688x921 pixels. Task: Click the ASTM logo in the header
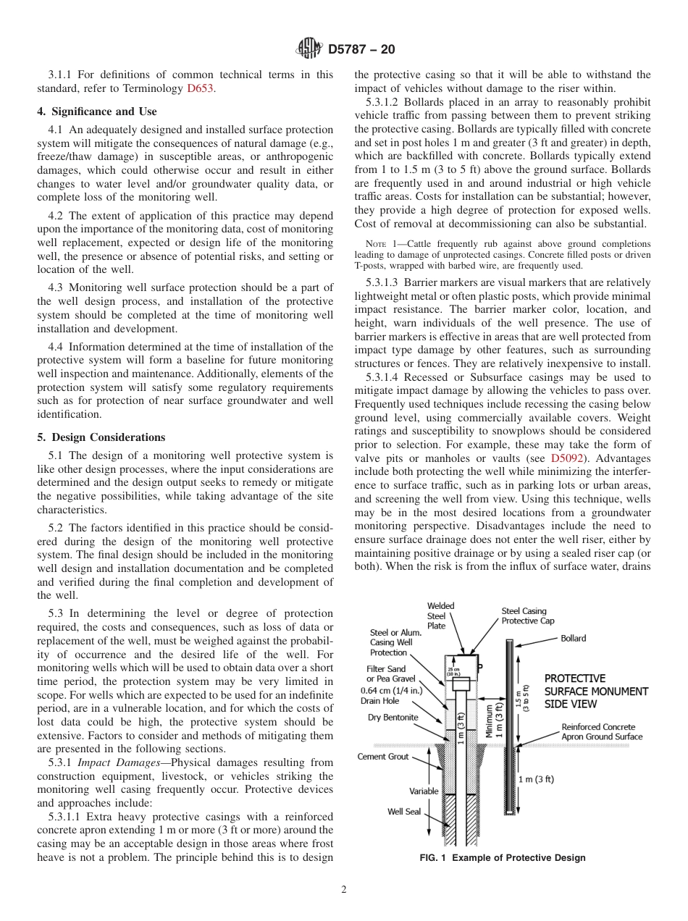(x=310, y=49)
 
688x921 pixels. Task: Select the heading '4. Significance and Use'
(x=97, y=112)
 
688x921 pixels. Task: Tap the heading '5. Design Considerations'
(x=101, y=437)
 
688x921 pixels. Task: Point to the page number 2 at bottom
(x=344, y=890)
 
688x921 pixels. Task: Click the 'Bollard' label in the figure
(x=573, y=638)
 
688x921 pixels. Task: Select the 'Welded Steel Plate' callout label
(x=437, y=615)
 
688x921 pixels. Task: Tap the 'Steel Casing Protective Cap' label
(x=528, y=616)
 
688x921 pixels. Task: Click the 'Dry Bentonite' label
(x=394, y=718)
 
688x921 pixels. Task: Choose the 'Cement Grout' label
(x=383, y=757)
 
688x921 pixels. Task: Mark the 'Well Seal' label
(x=403, y=811)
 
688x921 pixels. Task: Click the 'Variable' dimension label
(x=424, y=791)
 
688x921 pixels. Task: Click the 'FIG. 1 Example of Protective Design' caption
(x=503, y=858)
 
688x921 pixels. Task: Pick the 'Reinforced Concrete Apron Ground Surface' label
(x=601, y=731)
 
